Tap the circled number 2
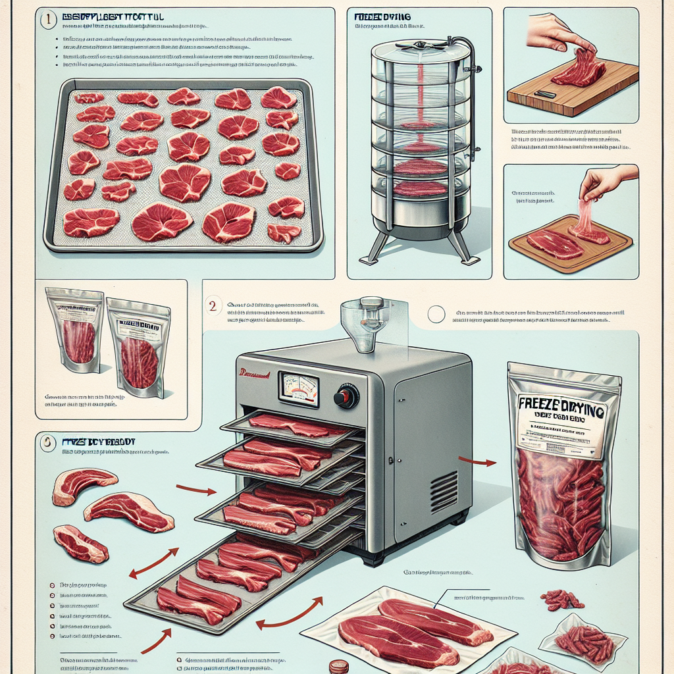[x=212, y=305]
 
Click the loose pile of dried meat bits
[x=561, y=599]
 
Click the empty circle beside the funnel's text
[x=435, y=315]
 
